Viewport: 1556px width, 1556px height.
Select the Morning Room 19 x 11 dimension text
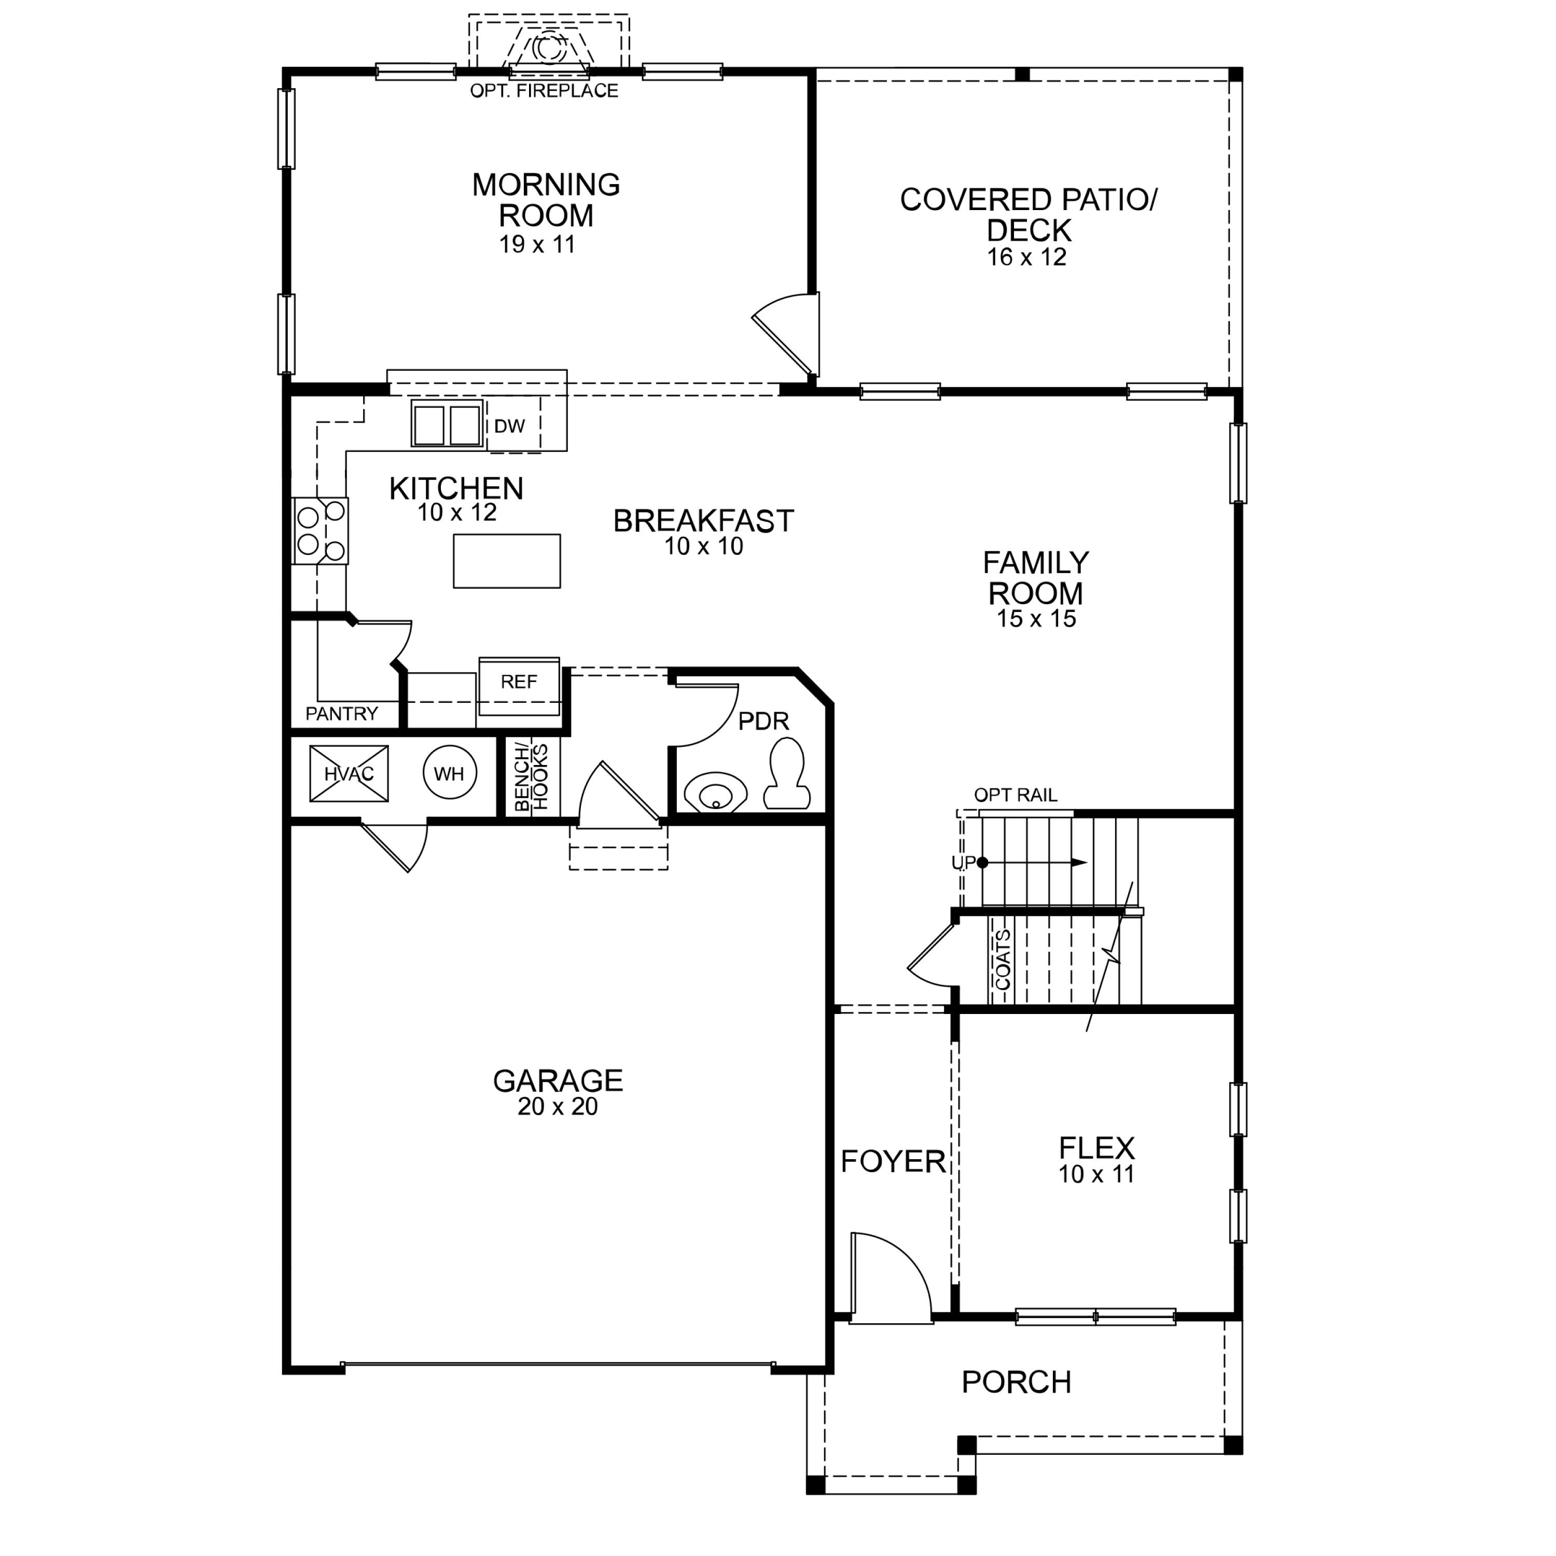[x=537, y=245]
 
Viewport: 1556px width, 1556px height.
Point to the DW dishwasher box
[x=510, y=426]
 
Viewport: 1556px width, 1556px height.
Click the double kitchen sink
[x=447, y=424]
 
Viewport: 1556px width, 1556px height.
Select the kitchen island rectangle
[x=507, y=561]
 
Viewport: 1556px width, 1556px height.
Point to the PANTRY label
[x=341, y=714]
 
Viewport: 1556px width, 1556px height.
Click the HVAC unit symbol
[x=349, y=774]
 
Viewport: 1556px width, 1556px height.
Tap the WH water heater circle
[x=449, y=773]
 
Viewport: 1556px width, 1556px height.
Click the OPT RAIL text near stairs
[x=1016, y=796]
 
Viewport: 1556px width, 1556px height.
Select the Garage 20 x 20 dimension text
[x=558, y=1107]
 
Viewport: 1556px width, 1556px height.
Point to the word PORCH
[x=1017, y=1382]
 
